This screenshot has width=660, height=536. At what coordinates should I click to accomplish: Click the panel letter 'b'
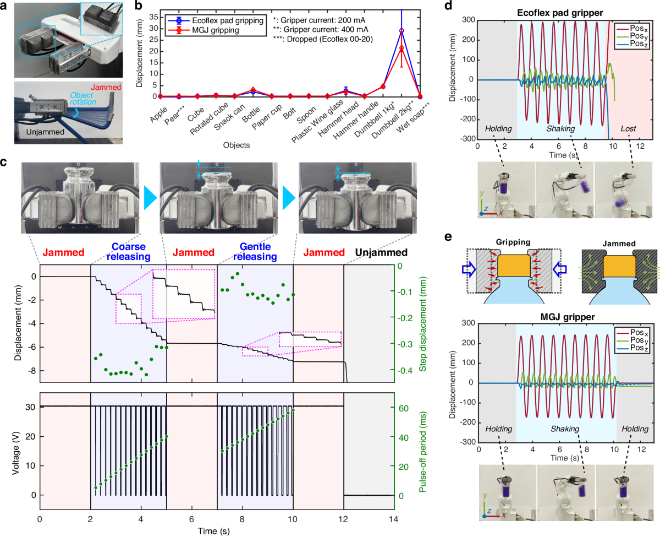pyautogui.click(x=139, y=6)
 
